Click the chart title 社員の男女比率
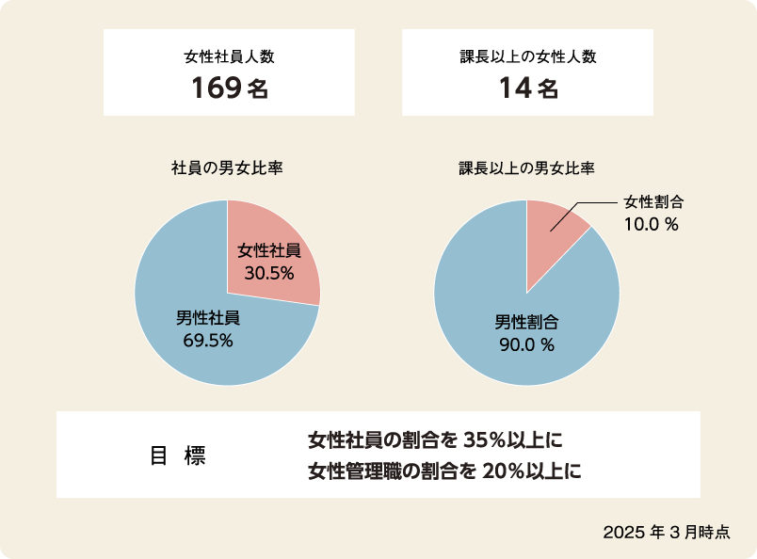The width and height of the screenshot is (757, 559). [228, 168]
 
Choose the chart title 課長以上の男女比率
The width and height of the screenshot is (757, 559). [526, 168]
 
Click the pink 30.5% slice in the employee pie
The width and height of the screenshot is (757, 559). [282, 235]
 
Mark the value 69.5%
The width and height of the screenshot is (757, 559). [208, 340]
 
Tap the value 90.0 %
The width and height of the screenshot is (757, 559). [527, 344]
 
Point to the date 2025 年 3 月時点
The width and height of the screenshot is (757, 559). [667, 532]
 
